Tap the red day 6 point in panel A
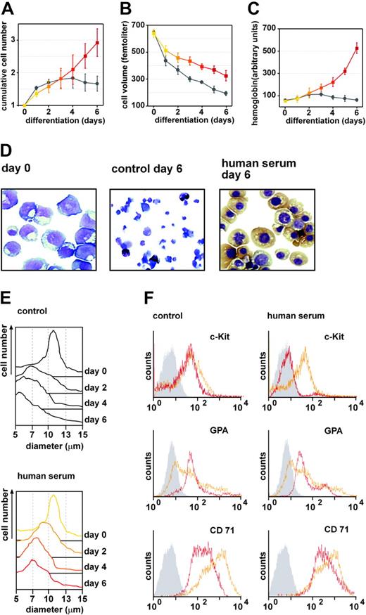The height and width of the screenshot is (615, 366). [96, 43]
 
